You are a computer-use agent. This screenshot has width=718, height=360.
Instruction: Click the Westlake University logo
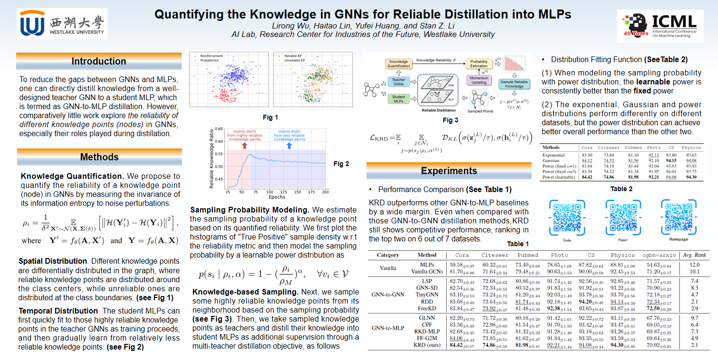pos(62,23)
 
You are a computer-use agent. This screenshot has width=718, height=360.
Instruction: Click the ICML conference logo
pos(660,26)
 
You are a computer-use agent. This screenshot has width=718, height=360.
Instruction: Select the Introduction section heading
pos(99,61)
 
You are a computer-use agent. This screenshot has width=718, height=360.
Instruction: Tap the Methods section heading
pos(99,157)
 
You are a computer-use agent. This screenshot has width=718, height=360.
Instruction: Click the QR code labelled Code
pos(567,218)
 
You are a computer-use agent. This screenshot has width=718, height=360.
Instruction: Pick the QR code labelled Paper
pos(623,218)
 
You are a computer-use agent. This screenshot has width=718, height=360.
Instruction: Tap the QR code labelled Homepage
pos(679,218)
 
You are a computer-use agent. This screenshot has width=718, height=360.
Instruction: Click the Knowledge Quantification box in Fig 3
pos(399,64)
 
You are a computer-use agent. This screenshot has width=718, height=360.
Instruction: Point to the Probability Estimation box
pos(479,64)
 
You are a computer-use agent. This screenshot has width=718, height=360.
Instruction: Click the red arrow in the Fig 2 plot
pos(245,145)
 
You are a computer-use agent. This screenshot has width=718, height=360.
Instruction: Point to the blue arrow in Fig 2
pos(289,145)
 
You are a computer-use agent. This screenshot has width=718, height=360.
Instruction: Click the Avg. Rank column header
pos(693,255)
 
